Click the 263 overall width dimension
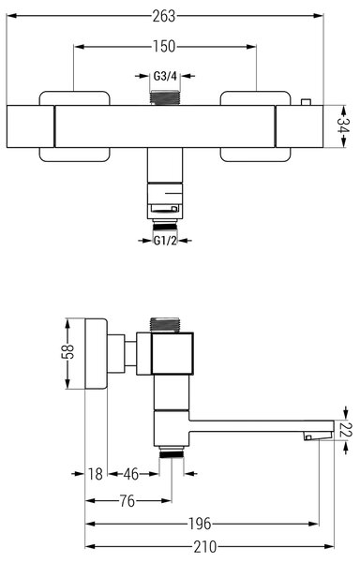click(164, 16)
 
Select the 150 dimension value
click(164, 47)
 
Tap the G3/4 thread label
click(165, 76)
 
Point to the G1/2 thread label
click(165, 241)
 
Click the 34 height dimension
click(342, 126)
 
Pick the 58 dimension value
click(67, 351)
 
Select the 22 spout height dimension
click(347, 430)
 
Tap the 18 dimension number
click(96, 474)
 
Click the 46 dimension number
click(131, 474)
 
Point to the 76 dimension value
click(127, 501)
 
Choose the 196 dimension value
click(200, 524)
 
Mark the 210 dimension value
click(205, 547)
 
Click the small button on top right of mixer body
click(306, 102)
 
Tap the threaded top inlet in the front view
click(165, 97)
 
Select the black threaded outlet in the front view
click(165, 226)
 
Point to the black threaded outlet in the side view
click(172, 454)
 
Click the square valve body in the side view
click(172, 353)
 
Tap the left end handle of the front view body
click(31, 126)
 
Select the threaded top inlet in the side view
click(165, 325)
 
